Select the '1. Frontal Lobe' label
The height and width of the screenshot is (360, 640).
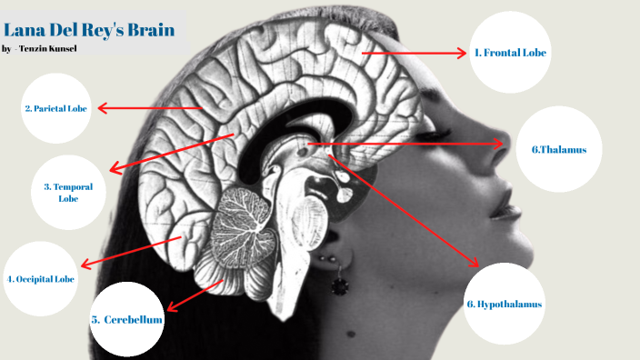[511, 53]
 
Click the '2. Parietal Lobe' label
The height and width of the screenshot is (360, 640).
[55, 108]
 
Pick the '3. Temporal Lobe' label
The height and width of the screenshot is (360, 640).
[68, 192]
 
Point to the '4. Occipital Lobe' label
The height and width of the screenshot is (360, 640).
[41, 279]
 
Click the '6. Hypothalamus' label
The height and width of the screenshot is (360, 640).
[504, 304]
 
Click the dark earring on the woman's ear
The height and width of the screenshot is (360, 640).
[340, 285]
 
